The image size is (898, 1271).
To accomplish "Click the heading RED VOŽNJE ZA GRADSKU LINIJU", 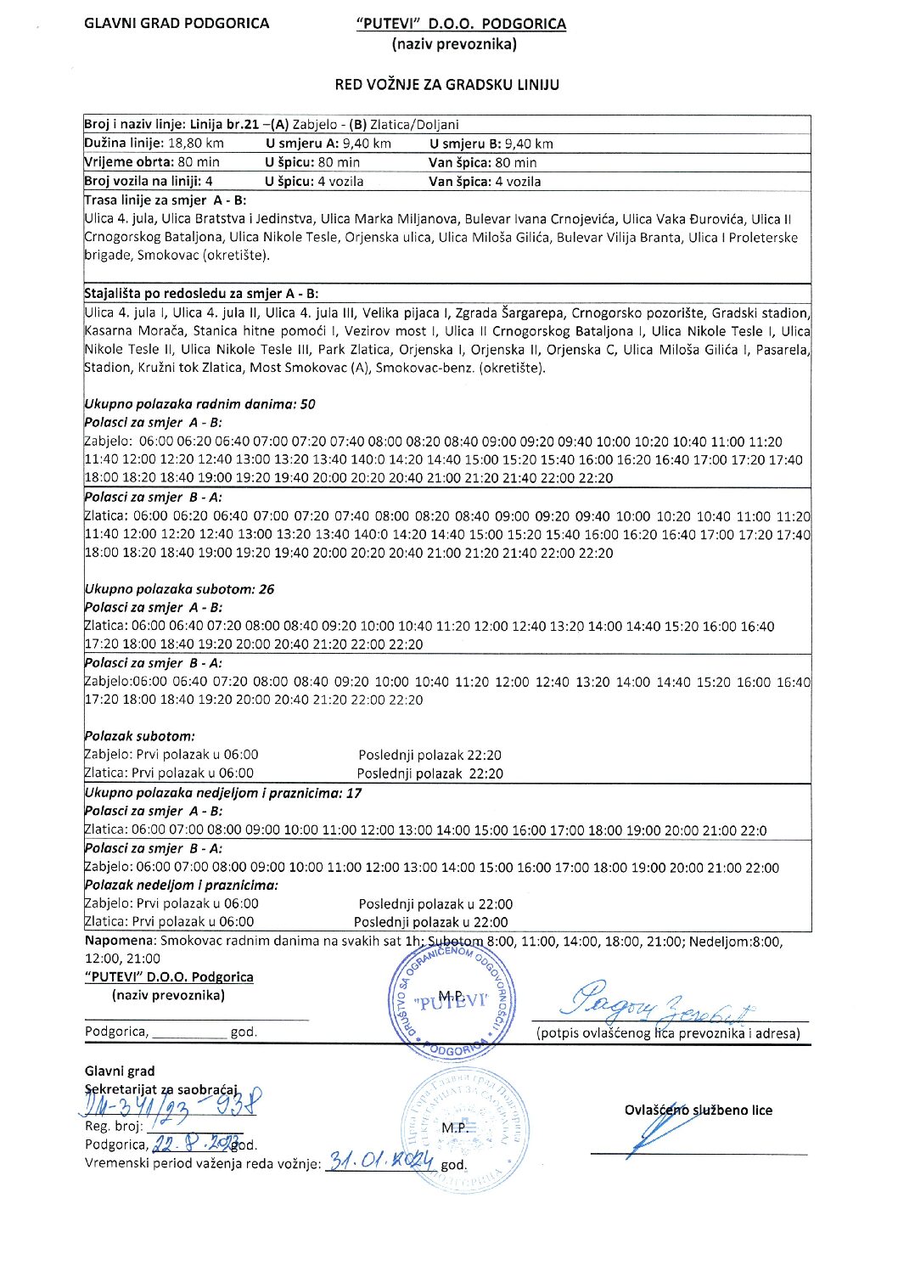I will click(x=446, y=84).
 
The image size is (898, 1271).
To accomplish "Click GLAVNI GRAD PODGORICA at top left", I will click(x=177, y=23).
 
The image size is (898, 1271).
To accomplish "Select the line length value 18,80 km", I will click(x=196, y=143).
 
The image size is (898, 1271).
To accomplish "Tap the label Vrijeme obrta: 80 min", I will click(x=152, y=162).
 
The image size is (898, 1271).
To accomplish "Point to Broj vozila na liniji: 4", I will click(x=149, y=181).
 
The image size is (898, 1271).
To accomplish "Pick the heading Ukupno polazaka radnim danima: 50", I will click(x=199, y=404).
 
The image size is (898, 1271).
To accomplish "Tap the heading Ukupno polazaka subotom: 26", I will click(x=179, y=589).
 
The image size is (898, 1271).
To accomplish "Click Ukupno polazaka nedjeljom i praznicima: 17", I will click(x=222, y=793).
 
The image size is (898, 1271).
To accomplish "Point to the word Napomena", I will click(x=121, y=941).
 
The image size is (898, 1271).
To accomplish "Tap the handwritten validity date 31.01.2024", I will click(x=381, y=1161).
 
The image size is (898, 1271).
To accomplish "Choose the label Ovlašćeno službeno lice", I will click(x=698, y=1110).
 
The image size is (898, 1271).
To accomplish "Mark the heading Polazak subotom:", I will click(x=139, y=736).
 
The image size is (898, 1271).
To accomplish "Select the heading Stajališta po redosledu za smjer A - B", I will click(x=201, y=294).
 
